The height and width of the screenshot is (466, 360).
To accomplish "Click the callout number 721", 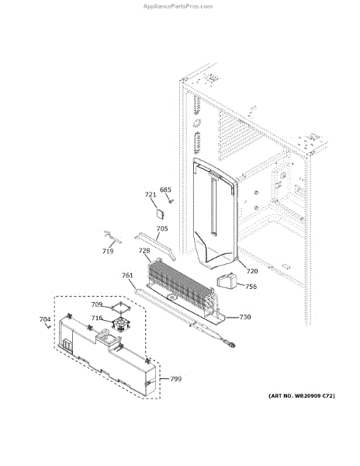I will [x=150, y=195].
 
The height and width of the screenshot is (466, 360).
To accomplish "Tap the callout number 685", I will [x=165, y=190].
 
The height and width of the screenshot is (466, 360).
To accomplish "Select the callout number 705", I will [x=162, y=228].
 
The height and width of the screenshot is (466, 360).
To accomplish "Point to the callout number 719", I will [x=108, y=251].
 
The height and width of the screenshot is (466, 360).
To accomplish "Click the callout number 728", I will [x=144, y=250].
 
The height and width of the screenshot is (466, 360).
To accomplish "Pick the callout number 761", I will [x=127, y=275].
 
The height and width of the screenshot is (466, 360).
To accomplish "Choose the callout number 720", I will [x=251, y=271].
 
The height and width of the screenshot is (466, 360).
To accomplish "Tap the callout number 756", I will [x=251, y=287].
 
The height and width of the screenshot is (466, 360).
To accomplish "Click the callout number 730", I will [x=244, y=317].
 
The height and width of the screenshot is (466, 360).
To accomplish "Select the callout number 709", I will [x=96, y=304].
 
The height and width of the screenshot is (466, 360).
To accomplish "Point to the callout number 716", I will [x=96, y=318].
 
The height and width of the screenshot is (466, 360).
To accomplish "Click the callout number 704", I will [x=45, y=319].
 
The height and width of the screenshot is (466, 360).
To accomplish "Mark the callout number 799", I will [x=175, y=379].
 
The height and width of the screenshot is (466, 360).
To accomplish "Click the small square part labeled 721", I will [x=161, y=208].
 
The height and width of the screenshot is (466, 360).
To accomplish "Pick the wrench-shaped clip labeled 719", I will [x=112, y=237].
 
